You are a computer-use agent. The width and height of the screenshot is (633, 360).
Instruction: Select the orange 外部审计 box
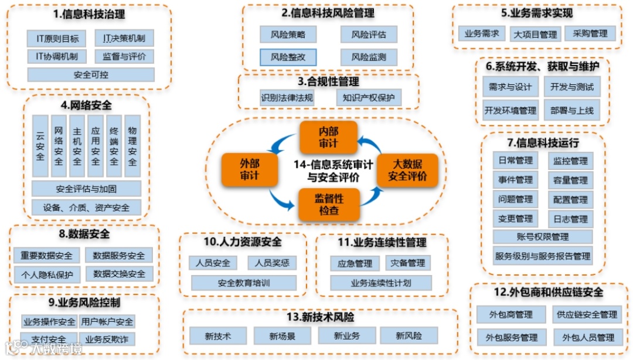pyautogui.click(x=250, y=169)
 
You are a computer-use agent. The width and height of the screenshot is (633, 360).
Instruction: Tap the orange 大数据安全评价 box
pyautogui.click(x=407, y=170)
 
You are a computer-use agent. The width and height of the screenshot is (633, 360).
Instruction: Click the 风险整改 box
pyautogui.click(x=288, y=57)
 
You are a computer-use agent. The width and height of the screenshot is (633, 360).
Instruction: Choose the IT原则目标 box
pyautogui.click(x=57, y=39)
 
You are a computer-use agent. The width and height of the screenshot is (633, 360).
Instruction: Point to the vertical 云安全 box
pyautogui.click(x=40, y=146)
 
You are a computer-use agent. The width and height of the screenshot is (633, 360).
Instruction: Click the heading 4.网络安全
pyautogui.click(x=86, y=106)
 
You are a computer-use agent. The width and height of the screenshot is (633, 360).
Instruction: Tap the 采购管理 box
pyautogui.click(x=591, y=33)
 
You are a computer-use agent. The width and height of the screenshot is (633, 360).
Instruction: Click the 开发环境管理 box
pyautogui.click(x=510, y=110)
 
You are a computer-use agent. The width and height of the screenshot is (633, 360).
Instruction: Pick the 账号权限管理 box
pyautogui.click(x=543, y=237)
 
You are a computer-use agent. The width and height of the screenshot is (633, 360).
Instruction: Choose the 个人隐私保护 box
pyautogui.click(x=47, y=274)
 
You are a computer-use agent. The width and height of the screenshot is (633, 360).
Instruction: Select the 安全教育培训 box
pyautogui.click(x=244, y=283)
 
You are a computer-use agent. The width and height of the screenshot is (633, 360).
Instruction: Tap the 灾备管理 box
pyautogui.click(x=408, y=263)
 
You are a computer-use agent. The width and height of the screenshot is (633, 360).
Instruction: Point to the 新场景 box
pyautogui.click(x=282, y=336)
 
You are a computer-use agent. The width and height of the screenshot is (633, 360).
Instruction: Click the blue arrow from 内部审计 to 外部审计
pyautogui.click(x=285, y=141)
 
